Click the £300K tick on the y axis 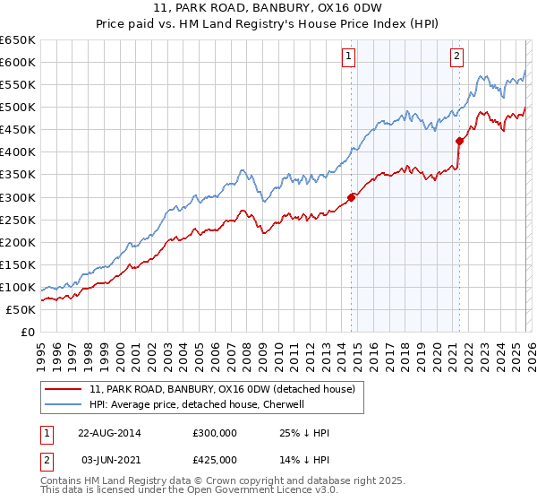click(18, 197)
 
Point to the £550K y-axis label click(18, 85)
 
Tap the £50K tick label click(21, 309)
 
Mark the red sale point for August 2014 click(351, 197)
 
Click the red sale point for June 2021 click(459, 141)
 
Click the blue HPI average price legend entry click(197, 404)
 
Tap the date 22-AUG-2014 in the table click(109, 433)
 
